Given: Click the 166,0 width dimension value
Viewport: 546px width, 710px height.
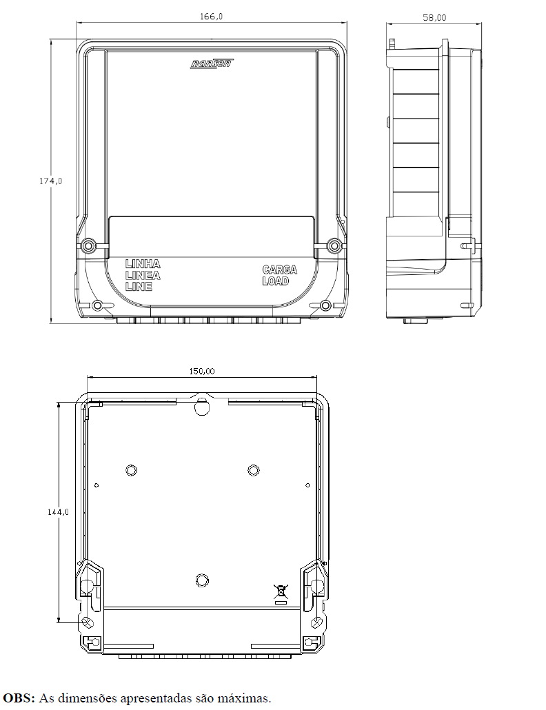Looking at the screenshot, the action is click(x=212, y=17).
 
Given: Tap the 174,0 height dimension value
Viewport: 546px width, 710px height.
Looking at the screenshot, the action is click(x=51, y=181).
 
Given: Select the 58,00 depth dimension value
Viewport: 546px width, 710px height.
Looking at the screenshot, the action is click(x=434, y=18).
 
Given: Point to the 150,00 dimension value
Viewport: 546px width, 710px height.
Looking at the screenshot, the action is click(x=202, y=372).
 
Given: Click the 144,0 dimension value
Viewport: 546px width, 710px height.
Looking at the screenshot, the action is click(x=59, y=511).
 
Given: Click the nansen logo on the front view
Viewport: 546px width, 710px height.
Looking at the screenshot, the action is click(x=212, y=63).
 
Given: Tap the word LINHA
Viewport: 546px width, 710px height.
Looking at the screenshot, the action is click(x=143, y=264).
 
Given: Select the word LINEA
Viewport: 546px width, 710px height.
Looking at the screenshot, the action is click(x=143, y=275).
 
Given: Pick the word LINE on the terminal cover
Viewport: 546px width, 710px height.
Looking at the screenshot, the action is click(x=139, y=286).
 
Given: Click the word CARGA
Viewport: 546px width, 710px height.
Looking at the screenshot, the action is click(x=280, y=270).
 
